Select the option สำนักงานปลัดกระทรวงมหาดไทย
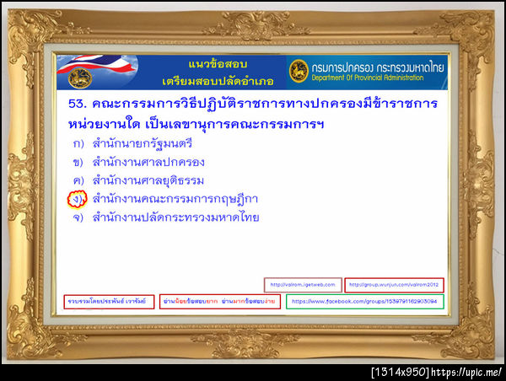point(176,217)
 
